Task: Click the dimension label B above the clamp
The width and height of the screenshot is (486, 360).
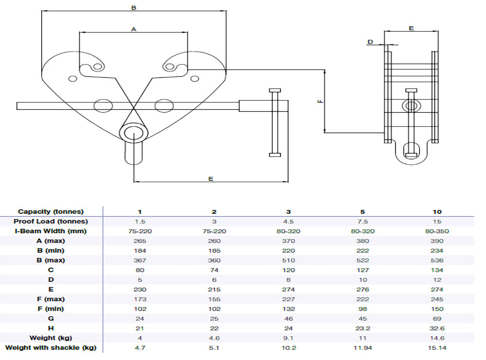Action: coord(134,8)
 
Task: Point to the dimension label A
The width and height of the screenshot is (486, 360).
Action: coord(134,29)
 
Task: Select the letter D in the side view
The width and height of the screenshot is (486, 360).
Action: coord(370,42)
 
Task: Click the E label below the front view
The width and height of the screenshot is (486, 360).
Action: coord(210,179)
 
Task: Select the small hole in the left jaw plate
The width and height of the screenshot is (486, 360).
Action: coord(73,79)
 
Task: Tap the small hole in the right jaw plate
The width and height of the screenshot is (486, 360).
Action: coord(194,78)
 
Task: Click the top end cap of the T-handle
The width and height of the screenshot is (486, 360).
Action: coord(275,91)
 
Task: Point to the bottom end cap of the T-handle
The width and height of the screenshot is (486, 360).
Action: coord(275,155)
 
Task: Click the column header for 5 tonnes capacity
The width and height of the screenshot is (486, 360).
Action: coord(363,212)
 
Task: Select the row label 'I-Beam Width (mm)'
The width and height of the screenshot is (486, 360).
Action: coord(51,231)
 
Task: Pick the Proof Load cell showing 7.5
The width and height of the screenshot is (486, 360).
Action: coord(363,222)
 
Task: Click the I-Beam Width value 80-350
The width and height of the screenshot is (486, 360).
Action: coord(437,231)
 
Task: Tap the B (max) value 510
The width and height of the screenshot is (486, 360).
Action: coord(288,260)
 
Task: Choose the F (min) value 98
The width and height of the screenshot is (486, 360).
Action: coord(363,309)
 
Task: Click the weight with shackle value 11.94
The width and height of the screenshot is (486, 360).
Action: coord(363,348)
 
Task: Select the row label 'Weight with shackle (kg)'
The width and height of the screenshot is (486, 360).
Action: coord(51,348)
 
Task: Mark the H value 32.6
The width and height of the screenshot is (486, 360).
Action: coord(437,328)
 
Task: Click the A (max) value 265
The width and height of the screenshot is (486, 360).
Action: coord(139,241)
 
